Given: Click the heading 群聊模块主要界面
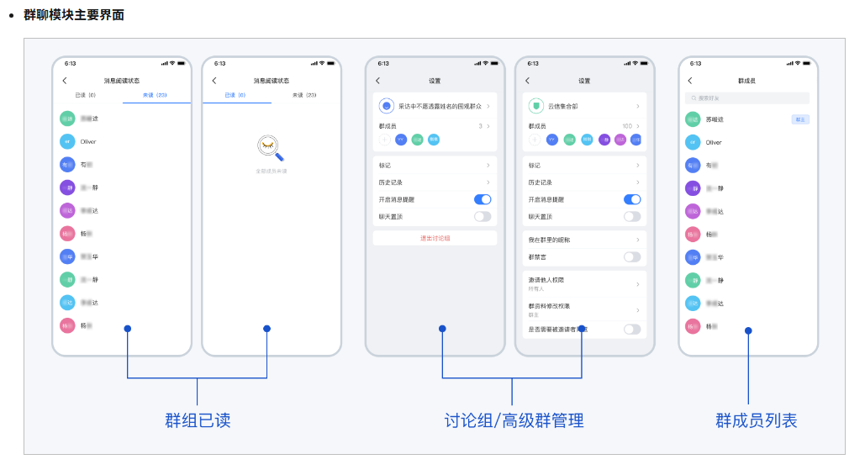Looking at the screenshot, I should point(74,15).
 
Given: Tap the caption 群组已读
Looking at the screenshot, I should point(197,420).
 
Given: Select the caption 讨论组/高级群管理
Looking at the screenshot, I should point(514,420).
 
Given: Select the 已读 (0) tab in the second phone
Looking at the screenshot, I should point(235,95).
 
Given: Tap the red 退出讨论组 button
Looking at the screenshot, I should point(435,238).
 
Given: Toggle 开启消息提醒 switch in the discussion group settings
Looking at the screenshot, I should point(483,199).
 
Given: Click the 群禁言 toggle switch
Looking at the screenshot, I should point(632,256).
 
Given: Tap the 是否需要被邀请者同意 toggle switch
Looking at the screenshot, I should point(632,330).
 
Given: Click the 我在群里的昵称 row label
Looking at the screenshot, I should point(549,240).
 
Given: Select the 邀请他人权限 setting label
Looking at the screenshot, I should point(546,279).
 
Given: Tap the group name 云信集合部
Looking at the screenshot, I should point(563,107).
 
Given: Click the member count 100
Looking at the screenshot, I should point(626,125).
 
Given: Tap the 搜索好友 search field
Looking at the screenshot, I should point(747,98).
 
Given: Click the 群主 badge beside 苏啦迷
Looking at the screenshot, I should point(800,119).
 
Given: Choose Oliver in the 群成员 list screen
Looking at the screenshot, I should point(714,142).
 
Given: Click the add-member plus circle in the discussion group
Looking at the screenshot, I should point(384,139).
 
